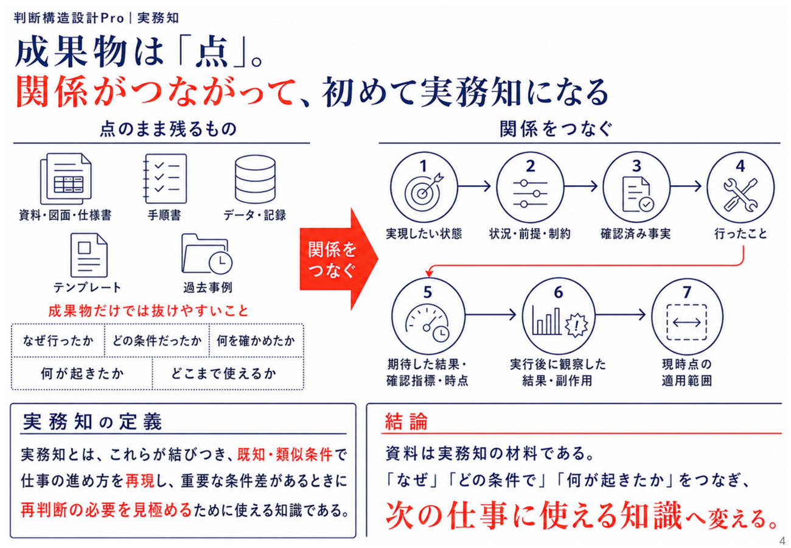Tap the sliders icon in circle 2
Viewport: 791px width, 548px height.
pos(530,193)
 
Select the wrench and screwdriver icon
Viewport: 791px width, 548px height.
pos(740,195)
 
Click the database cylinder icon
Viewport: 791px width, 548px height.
pos(255,179)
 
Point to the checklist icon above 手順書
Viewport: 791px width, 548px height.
pos(164,179)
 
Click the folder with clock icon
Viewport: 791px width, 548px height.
pos(207,254)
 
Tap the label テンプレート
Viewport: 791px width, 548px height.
pos(87,287)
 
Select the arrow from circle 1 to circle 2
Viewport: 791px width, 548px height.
pos(474,186)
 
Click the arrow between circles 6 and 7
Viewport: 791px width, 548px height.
pos(620,314)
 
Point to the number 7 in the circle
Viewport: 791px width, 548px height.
pos(686,292)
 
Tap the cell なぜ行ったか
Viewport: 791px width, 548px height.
pos(58,340)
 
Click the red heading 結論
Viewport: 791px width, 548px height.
pos(406,421)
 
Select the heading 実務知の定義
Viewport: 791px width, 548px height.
pos(92,421)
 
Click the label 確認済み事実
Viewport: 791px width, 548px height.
pos(636,234)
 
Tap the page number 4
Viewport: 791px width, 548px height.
pos(782,541)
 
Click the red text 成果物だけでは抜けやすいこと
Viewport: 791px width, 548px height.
pos(148,311)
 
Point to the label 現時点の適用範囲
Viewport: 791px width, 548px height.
pos(686,373)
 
